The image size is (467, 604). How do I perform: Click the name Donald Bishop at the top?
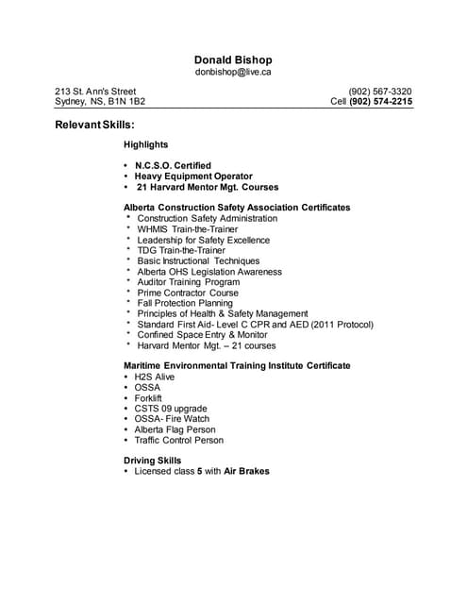(233, 59)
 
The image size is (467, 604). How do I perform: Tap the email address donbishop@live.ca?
(233, 72)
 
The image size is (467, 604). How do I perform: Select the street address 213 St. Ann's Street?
(95, 92)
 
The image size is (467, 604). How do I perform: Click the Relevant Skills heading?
(94, 124)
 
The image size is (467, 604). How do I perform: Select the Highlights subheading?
(145, 144)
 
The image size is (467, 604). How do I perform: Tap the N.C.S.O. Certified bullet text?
(173, 165)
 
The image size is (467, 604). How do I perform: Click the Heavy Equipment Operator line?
(193, 176)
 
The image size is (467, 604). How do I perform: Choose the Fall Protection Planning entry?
(185, 303)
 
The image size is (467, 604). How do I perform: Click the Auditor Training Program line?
(188, 282)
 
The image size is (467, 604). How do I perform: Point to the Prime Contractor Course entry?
(188, 293)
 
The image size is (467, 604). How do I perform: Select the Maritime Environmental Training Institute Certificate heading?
(237, 365)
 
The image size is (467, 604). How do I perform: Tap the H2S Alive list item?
(154, 377)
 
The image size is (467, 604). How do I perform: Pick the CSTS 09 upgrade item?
(171, 409)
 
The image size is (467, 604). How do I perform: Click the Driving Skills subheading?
(152, 461)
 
